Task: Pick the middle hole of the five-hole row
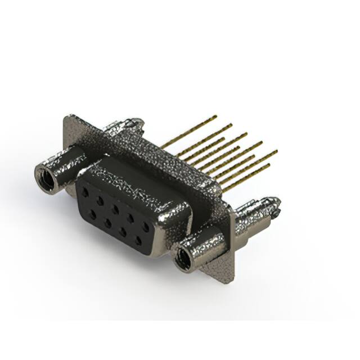[115, 209]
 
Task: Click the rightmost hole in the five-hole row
[146, 227]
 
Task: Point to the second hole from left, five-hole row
[100, 200]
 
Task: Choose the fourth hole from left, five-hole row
[130, 218]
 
